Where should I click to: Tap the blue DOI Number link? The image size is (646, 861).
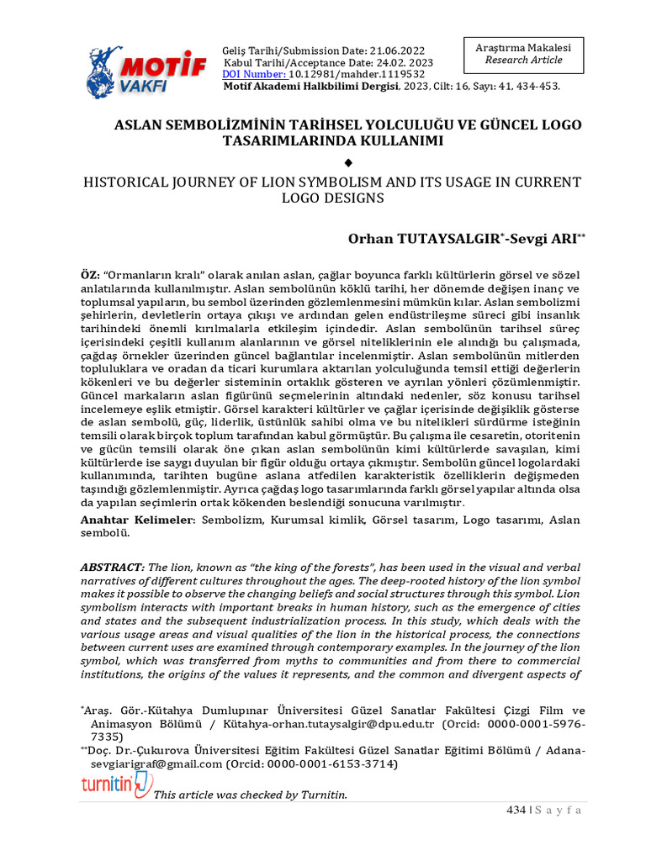pos(254,74)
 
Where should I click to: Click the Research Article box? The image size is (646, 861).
pos(523,55)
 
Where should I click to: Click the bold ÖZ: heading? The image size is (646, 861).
pos(90,276)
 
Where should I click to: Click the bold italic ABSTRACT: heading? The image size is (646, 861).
pos(113,568)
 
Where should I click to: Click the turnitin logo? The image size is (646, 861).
pos(116,785)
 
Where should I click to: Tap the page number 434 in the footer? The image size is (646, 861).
pos(515,811)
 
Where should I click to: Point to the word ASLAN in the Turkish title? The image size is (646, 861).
pos(135,124)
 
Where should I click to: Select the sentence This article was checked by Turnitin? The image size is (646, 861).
pos(250,795)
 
